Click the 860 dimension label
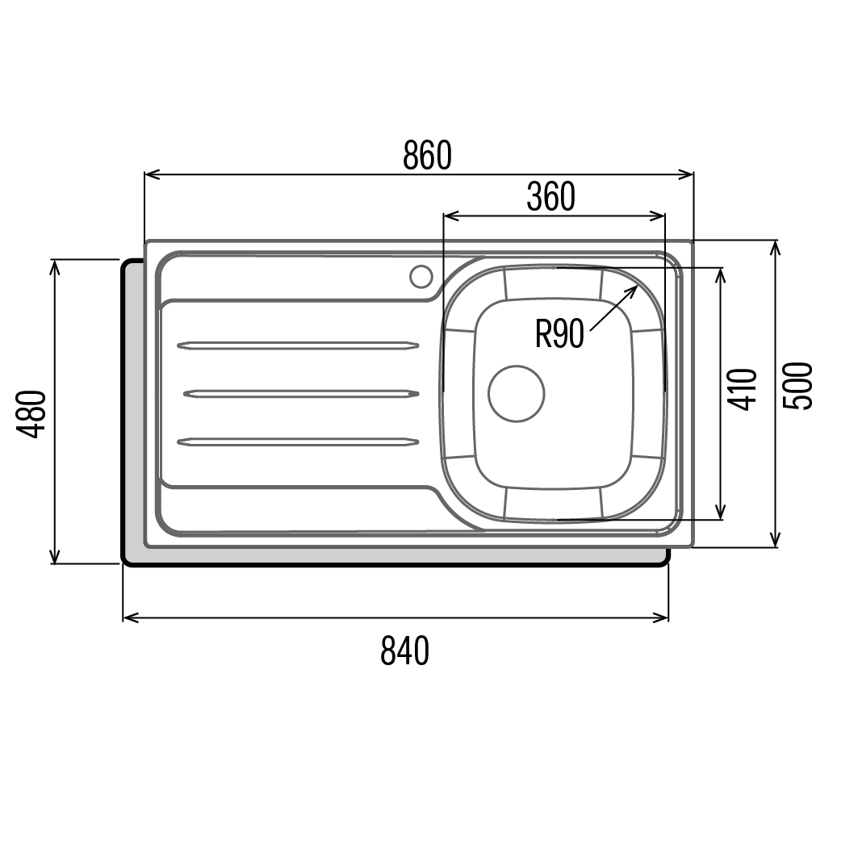click(x=427, y=156)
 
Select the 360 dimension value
click(x=551, y=197)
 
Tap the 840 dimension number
click(x=405, y=651)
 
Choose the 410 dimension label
click(x=742, y=389)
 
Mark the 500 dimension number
click(x=797, y=386)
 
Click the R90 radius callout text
click(x=559, y=334)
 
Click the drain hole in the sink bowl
click(x=517, y=393)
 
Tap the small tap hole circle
click(x=421, y=276)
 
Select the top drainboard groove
click(x=298, y=345)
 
